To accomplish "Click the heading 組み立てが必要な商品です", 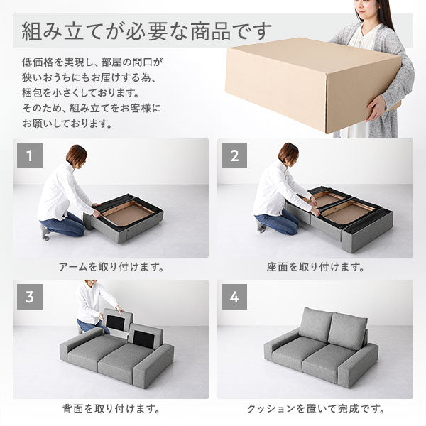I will tap(146, 31).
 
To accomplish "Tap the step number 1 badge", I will tap(29, 157).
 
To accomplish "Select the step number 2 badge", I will tap(234, 157).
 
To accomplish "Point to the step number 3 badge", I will tap(29, 297).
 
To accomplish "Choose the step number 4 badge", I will tap(234, 297).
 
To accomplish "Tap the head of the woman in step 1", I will tap(76, 155).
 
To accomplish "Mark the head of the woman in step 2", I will tap(288, 153).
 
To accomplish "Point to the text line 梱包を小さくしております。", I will tap(80, 92).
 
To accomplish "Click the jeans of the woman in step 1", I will tap(65, 224).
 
